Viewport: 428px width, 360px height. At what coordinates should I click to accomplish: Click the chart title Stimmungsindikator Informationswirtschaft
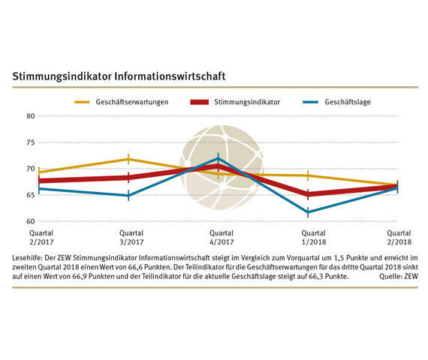[119, 76]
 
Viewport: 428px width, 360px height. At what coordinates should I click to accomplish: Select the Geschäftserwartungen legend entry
[131, 100]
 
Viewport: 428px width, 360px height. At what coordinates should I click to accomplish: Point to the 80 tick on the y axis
[31, 116]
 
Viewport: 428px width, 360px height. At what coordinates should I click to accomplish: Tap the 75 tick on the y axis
[31, 142]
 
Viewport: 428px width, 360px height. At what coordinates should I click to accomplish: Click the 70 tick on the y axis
[31, 169]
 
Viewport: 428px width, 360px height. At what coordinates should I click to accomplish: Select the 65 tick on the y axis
[31, 195]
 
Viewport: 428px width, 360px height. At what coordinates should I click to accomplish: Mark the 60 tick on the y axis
[31, 221]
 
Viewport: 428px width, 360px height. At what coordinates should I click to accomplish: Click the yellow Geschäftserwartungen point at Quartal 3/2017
[128, 159]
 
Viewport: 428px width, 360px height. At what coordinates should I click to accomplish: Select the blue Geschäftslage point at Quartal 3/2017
[128, 195]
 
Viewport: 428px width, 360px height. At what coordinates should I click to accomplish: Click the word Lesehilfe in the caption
[28, 258]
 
